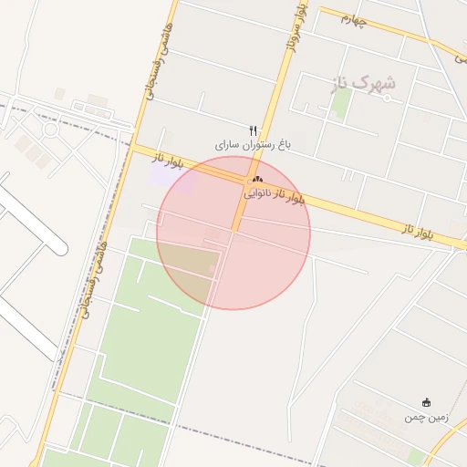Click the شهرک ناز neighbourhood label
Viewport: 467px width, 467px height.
click(359, 83)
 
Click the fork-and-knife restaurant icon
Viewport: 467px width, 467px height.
click(254, 130)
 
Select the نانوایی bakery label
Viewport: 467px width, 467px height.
click(257, 193)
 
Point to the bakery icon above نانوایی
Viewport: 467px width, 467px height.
click(257, 180)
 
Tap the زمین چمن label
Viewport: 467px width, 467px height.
click(426, 417)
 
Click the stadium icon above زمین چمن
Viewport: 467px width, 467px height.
click(426, 402)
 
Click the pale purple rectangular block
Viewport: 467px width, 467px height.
click(177, 177)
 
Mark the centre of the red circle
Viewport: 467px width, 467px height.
click(233, 233)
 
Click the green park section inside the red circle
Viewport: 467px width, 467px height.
click(187, 265)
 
